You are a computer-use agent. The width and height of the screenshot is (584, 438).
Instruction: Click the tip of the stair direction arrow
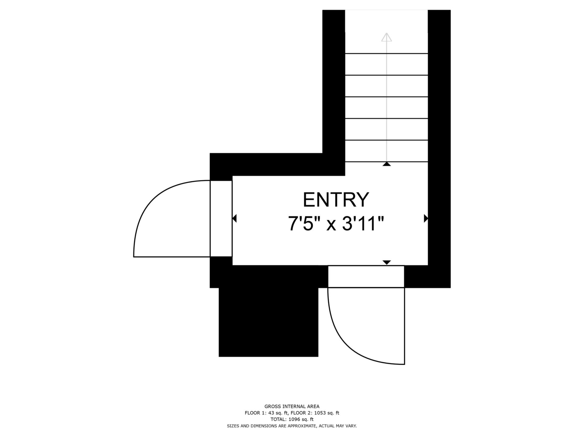pyautogui.click(x=387, y=33)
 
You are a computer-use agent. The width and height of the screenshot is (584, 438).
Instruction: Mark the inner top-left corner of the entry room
pyautogui.click(x=233, y=176)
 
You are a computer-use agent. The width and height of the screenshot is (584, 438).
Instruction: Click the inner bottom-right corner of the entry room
pyautogui.click(x=428, y=265)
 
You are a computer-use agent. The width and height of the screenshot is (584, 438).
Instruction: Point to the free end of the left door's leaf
pyautogui.click(x=134, y=257)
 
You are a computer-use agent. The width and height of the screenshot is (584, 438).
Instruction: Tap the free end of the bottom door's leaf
pyautogui.click(x=405, y=364)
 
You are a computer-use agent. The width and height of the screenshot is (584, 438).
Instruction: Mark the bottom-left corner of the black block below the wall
pyautogui.click(x=219, y=356)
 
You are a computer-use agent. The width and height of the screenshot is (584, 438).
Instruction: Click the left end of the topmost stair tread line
pyautogui.click(x=345, y=54)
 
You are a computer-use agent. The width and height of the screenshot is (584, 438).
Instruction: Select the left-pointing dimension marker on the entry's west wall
pyautogui.click(x=234, y=218)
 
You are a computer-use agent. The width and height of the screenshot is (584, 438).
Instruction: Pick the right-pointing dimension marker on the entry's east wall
pyautogui.click(x=426, y=218)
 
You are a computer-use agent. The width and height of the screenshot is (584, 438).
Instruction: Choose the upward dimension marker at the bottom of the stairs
pyautogui.click(x=387, y=164)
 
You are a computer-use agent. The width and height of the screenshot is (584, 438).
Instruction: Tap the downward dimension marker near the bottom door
pyautogui.click(x=387, y=262)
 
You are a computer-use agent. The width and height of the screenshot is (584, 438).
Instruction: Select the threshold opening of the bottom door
pyautogui.click(x=366, y=276)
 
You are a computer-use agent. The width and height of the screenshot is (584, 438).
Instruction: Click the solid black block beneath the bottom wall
pyautogui.click(x=269, y=322)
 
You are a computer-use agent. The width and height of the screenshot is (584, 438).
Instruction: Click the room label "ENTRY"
pyautogui.click(x=336, y=200)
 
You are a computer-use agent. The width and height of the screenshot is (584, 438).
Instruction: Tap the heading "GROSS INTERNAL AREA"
pyautogui.click(x=292, y=406)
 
